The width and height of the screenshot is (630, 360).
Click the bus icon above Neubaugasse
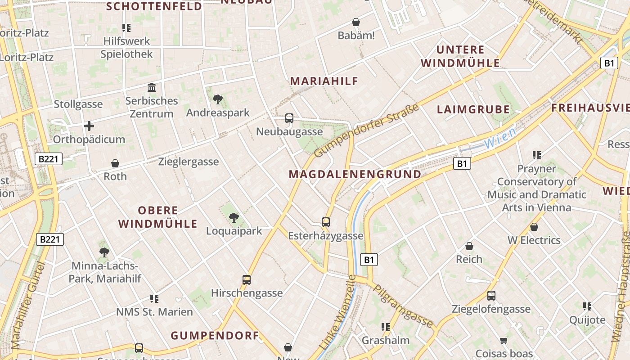click(x=289, y=118)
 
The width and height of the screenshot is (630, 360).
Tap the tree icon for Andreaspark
click(x=218, y=99)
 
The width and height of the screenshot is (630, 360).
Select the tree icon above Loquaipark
click(x=234, y=218)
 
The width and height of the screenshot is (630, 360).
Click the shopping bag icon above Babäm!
click(x=356, y=22)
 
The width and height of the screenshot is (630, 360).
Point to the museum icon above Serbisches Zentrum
click(x=152, y=87)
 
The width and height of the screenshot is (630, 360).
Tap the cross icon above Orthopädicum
click(x=89, y=126)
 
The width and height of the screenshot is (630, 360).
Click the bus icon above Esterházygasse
click(x=326, y=222)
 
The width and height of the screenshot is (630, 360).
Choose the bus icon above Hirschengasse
click(x=247, y=280)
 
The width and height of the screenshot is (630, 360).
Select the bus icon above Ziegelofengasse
click(x=491, y=296)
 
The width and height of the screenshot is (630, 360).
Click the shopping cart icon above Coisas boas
click(x=504, y=341)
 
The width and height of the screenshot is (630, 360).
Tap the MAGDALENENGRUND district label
click(x=355, y=174)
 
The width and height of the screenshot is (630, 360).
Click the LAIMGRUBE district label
click(x=473, y=109)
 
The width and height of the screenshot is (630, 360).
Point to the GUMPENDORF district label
click(x=215, y=335)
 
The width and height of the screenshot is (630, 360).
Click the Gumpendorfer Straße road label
click(x=366, y=130)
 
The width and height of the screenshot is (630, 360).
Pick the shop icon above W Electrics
click(x=534, y=227)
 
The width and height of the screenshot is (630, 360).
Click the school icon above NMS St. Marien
click(x=154, y=298)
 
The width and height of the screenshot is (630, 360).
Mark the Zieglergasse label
click(x=189, y=162)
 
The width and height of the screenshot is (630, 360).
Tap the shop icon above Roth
click(x=115, y=163)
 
